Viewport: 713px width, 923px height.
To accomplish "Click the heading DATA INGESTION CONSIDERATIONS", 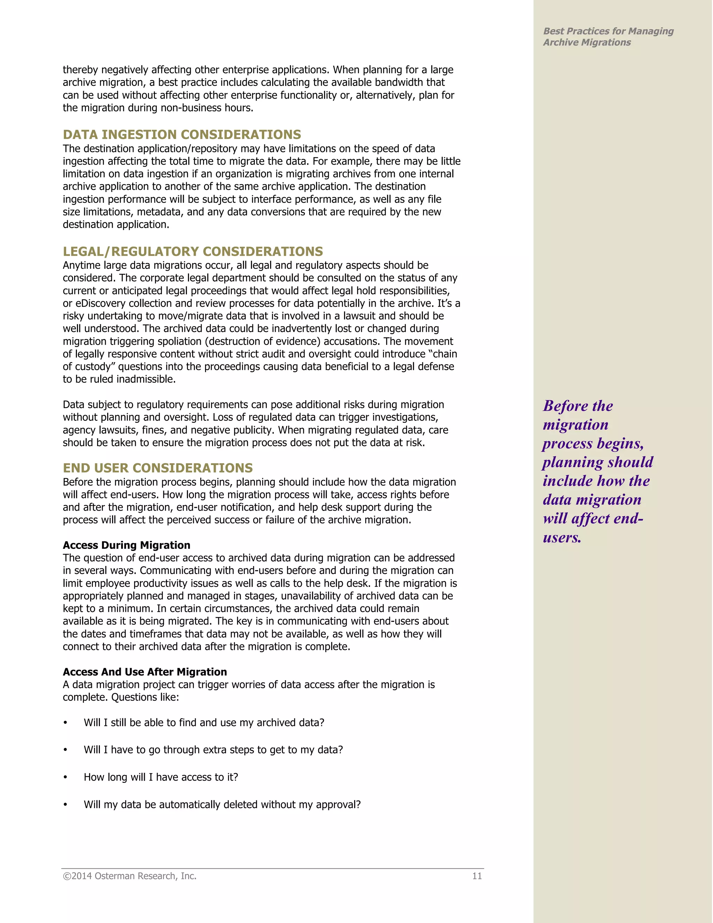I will tap(182, 134).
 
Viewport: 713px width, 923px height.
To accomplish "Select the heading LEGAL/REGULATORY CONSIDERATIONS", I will tap(193, 251).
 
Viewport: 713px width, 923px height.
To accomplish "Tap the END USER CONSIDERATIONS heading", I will tap(158, 468).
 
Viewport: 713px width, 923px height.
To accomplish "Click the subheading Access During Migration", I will tap(126, 545).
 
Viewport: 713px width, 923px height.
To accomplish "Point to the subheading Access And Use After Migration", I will tap(144, 672).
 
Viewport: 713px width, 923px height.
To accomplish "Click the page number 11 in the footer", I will tap(477, 876).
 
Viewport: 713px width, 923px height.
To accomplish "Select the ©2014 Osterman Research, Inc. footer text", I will tap(130, 876).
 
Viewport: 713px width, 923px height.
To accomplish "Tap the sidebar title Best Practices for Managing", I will tap(608, 31).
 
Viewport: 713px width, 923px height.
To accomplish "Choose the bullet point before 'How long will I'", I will tap(65, 777).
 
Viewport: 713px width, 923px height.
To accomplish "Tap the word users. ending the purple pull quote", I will tap(562, 537).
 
